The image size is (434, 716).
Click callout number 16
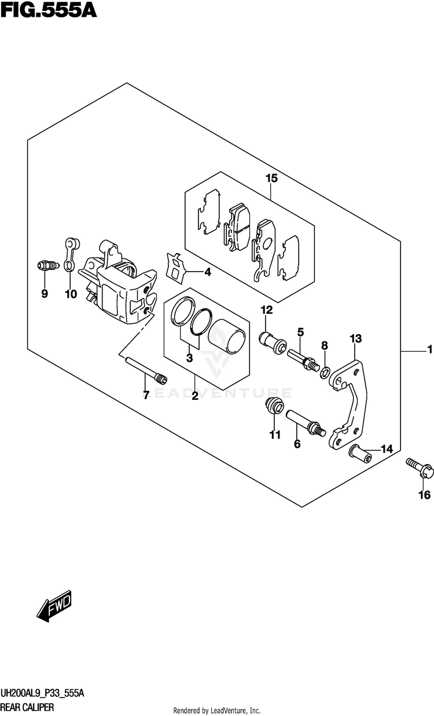(x=424, y=495)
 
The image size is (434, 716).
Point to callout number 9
(x=44, y=294)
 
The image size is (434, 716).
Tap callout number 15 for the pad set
(x=271, y=178)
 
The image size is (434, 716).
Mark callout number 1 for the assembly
(x=429, y=350)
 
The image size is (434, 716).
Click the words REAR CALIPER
(x=28, y=707)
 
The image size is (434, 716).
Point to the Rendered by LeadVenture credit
(x=216, y=710)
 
